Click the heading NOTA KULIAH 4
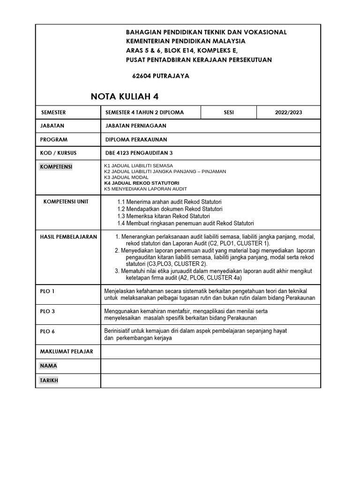pyautogui.click(x=124, y=97)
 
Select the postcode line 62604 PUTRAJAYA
pyautogui.click(x=161, y=76)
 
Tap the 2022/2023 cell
pyautogui.click(x=288, y=112)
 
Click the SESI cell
pyautogui.click(x=229, y=112)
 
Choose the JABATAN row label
pyautogui.click(x=52, y=126)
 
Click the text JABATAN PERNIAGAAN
pyautogui.click(x=136, y=126)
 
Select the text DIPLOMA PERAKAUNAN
pyautogui.click(x=136, y=140)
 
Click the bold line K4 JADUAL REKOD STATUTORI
pyautogui.click(x=141, y=183)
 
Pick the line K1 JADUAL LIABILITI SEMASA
pyautogui.click(x=138, y=166)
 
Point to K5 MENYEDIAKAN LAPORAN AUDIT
pyautogui.click(x=145, y=188)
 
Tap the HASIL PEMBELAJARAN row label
pyautogui.click(x=68, y=237)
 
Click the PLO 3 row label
pyautogui.click(x=47, y=311)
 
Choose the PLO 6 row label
pyautogui.click(x=47, y=331)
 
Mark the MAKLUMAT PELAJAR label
pyautogui.click(x=67, y=352)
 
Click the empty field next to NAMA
pyautogui.click(x=210, y=366)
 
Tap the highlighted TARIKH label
pyautogui.click(x=50, y=381)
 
